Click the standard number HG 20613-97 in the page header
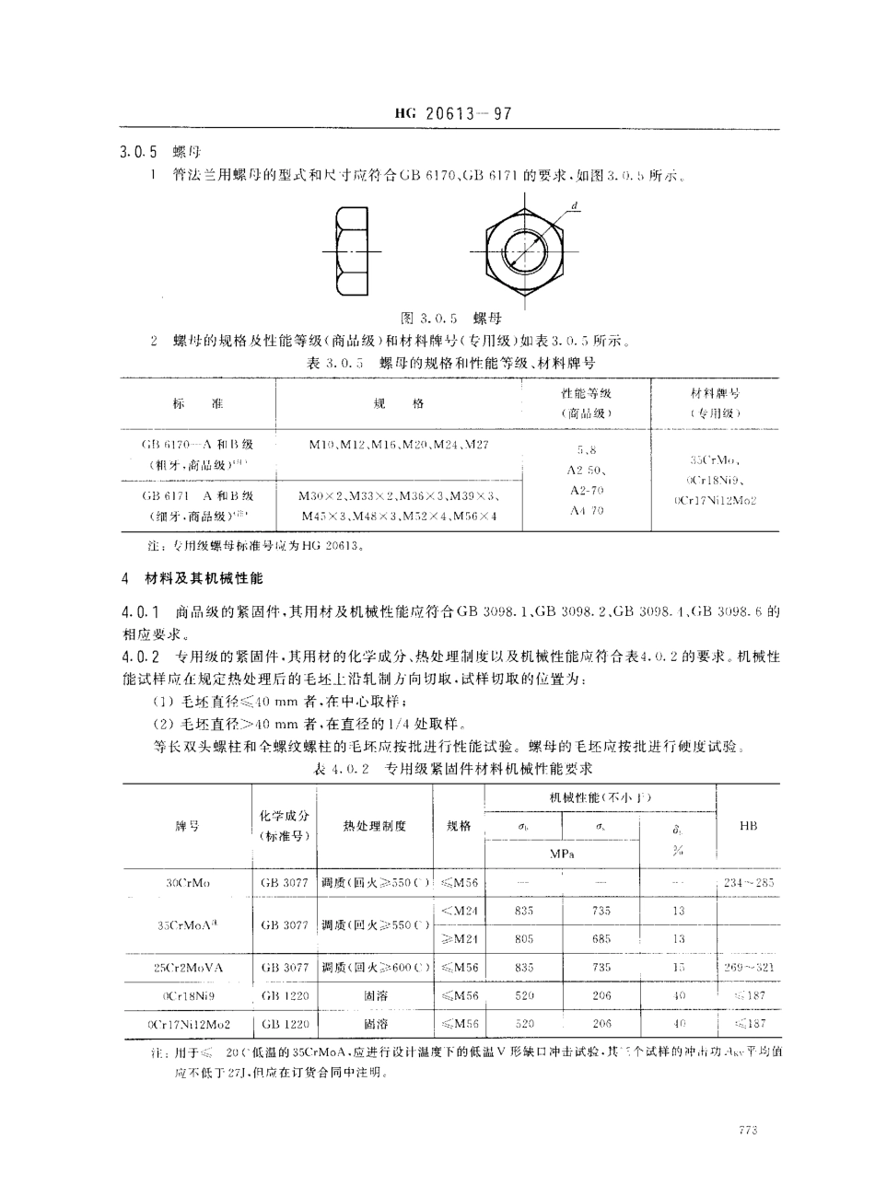452,115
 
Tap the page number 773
747,1131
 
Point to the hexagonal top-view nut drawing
526,248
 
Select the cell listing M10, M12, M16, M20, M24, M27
398,445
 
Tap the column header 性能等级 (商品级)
587,403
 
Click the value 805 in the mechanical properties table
525,939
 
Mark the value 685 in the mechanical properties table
601,939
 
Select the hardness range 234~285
748,883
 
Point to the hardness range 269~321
748,968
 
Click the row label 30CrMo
188,883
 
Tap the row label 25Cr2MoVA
188,968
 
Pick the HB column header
748,826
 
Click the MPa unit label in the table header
563,854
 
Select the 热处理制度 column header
374,826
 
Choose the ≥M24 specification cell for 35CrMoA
458,939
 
